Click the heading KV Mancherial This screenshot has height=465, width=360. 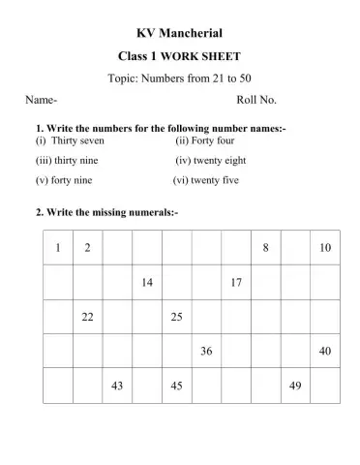(179, 33)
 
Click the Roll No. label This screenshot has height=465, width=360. (256, 100)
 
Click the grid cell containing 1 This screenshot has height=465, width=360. (58, 247)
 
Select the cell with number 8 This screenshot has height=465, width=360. (266, 247)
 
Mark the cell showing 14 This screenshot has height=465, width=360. (147, 282)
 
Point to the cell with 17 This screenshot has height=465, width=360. (236, 282)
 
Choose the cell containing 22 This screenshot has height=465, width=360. (88, 316)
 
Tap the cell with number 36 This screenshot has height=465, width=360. (206, 351)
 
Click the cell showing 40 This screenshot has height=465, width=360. (325, 351)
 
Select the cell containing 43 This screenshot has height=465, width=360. (117, 385)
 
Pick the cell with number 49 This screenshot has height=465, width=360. (295, 385)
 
